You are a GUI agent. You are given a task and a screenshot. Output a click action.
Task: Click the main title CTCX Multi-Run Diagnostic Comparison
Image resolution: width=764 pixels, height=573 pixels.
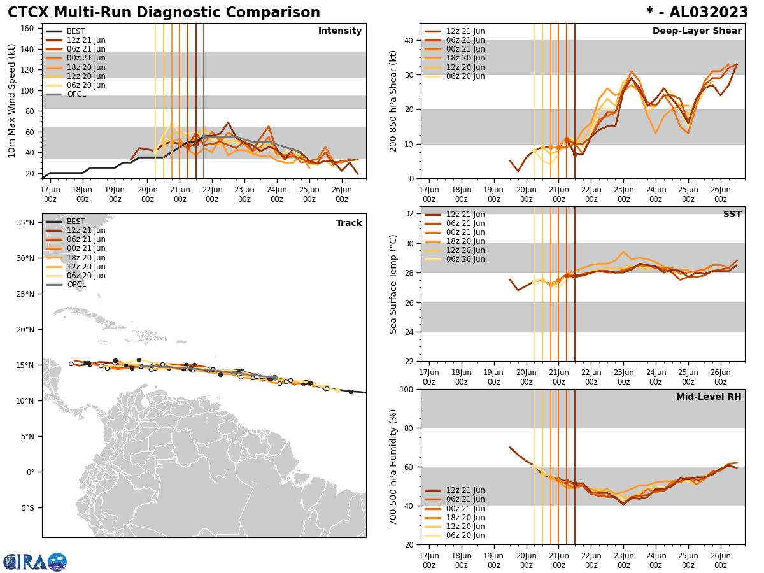pyautogui.click(x=164, y=13)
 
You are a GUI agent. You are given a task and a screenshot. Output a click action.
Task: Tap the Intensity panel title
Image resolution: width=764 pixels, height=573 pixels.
pyautogui.click(x=340, y=31)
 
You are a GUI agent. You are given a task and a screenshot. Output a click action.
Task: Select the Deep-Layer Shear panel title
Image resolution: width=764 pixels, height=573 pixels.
pyautogui.click(x=697, y=31)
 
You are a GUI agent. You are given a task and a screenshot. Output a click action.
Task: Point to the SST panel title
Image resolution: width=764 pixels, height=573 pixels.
pyautogui.click(x=732, y=215)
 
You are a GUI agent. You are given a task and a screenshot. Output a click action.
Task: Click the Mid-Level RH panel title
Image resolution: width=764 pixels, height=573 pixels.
pyautogui.click(x=709, y=397)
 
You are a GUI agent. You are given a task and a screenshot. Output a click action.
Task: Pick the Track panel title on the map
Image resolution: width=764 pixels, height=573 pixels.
pyautogui.click(x=349, y=223)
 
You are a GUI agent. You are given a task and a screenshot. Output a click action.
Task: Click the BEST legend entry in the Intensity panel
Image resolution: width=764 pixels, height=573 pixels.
pyautogui.click(x=76, y=31)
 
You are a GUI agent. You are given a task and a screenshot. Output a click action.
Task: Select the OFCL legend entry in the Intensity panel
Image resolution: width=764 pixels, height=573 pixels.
pyautogui.click(x=76, y=94)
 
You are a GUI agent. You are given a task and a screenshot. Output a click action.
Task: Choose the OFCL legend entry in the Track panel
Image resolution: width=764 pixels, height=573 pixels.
pyautogui.click(x=76, y=285)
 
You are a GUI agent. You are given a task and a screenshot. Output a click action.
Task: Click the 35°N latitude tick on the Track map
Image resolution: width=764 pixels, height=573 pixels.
pyautogui.click(x=25, y=223)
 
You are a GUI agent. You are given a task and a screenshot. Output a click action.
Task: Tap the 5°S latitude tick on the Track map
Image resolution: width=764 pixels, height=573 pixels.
pyautogui.click(x=27, y=508)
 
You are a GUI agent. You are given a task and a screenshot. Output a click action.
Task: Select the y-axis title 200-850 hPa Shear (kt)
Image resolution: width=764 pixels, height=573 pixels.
pyautogui.click(x=394, y=101)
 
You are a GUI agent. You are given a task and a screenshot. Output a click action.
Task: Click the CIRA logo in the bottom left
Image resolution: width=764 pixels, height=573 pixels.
pyautogui.click(x=35, y=562)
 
